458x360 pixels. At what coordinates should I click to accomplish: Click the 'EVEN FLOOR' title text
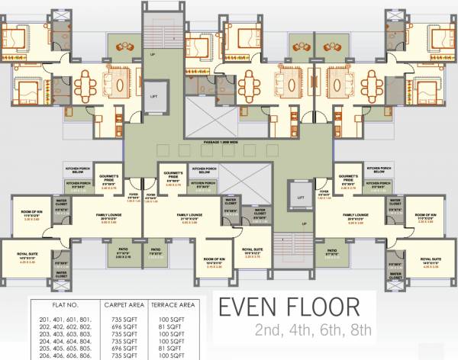tap(289, 308)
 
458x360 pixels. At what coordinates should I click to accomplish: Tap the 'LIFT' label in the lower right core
tap(298, 197)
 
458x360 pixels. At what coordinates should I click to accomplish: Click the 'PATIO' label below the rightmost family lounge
tap(332, 250)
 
